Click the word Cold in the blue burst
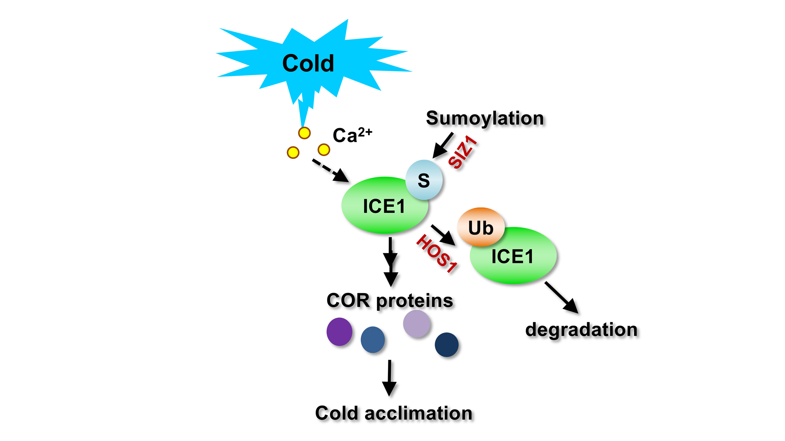pyautogui.click(x=308, y=63)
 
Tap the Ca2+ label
pyautogui.click(x=352, y=135)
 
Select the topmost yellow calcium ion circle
pyautogui.click(x=304, y=133)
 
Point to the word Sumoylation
pyautogui.click(x=485, y=118)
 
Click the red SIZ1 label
pyautogui.click(x=462, y=152)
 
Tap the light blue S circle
pyautogui.click(x=424, y=180)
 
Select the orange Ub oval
pyautogui.click(x=481, y=227)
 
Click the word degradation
pyautogui.click(x=581, y=330)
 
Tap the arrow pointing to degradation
pyautogui.click(x=561, y=297)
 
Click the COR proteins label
pyautogui.click(x=390, y=301)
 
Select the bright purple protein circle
pyautogui.click(x=339, y=332)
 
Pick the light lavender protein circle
pyautogui.click(x=417, y=324)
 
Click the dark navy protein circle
pyautogui.click(x=446, y=345)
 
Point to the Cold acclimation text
pyautogui.click(x=393, y=413)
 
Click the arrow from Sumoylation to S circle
pyautogui.click(x=443, y=145)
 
